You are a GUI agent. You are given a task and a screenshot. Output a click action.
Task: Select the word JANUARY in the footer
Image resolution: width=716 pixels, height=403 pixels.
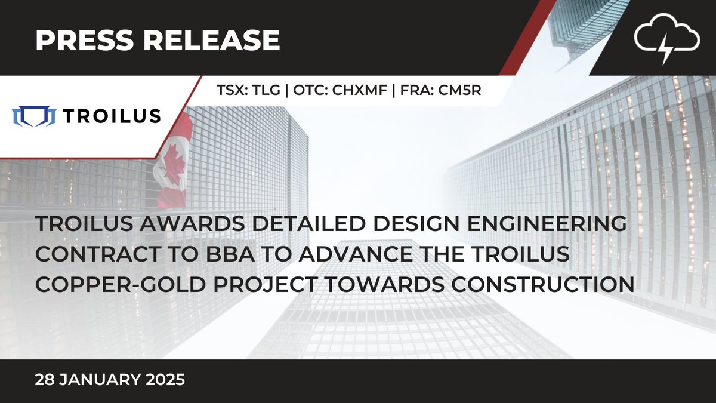[x=102, y=380]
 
